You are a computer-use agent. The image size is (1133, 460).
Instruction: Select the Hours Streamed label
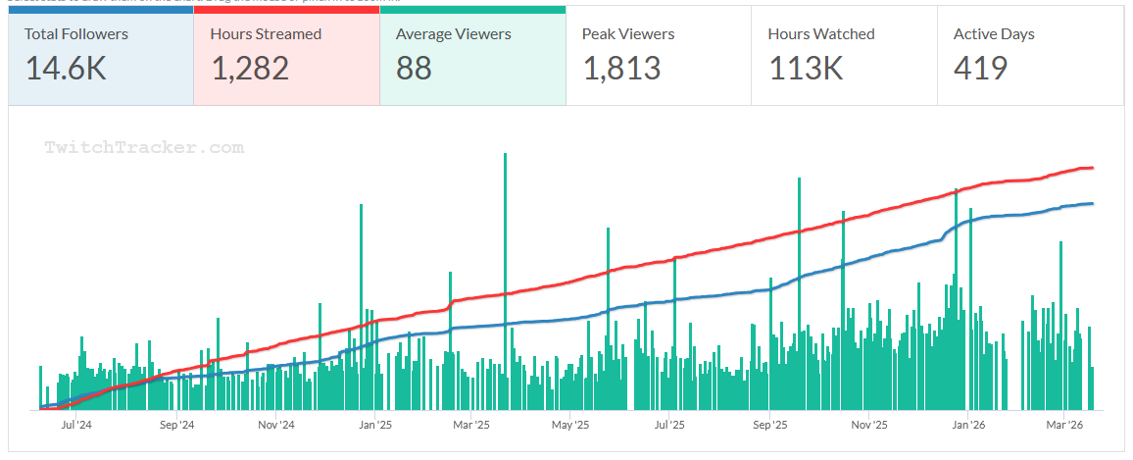pyautogui.click(x=266, y=34)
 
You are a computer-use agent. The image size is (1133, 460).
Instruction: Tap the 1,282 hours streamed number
pyautogui.click(x=250, y=68)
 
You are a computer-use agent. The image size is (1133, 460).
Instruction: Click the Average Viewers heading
pyautogui.click(x=453, y=34)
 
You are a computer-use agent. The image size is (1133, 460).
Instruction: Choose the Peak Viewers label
pyautogui.click(x=628, y=34)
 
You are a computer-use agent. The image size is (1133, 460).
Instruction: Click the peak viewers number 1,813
pyautogui.click(x=621, y=68)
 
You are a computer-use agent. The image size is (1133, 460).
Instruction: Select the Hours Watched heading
pyautogui.click(x=821, y=34)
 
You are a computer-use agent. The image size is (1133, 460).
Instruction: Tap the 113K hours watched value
pyautogui.click(x=806, y=68)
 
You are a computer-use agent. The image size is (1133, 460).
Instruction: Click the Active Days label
pyautogui.click(x=994, y=34)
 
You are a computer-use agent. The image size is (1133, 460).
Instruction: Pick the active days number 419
pyautogui.click(x=980, y=68)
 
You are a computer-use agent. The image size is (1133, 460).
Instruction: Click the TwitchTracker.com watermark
pyautogui.click(x=144, y=148)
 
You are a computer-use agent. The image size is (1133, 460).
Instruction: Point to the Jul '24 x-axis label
pyautogui.click(x=75, y=426)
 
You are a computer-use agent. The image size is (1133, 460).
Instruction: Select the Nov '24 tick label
pyautogui.click(x=275, y=426)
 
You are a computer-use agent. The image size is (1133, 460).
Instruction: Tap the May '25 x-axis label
pyautogui.click(x=569, y=426)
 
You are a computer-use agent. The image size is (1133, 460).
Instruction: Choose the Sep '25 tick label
pyautogui.click(x=770, y=426)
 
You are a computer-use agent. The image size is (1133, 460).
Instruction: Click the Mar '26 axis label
pyautogui.click(x=1063, y=426)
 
